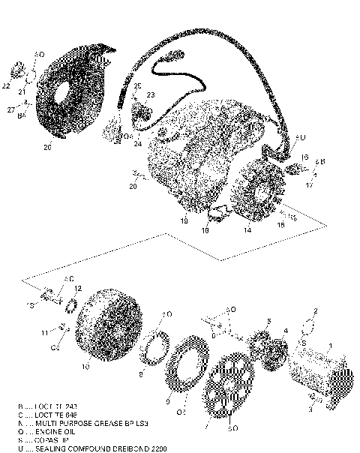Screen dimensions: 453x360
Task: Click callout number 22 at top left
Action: click(x=7, y=86)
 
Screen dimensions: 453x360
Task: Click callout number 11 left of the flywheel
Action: click(x=45, y=332)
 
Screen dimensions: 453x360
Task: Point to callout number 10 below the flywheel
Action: click(x=85, y=368)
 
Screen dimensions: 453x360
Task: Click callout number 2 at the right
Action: click(x=316, y=310)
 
